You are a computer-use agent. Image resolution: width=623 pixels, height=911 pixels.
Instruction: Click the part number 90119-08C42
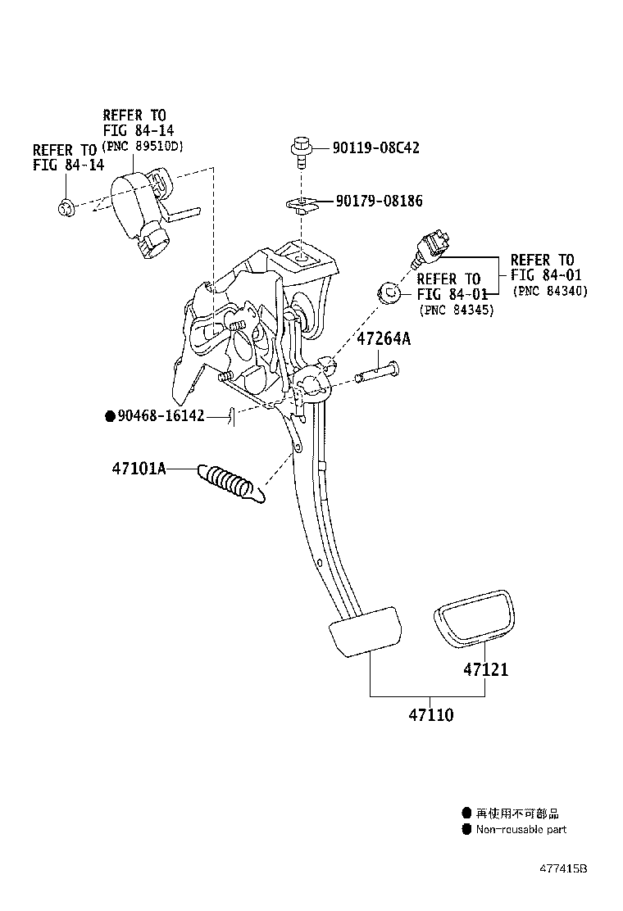tap(375, 148)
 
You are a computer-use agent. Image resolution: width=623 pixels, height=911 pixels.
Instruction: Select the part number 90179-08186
tap(379, 201)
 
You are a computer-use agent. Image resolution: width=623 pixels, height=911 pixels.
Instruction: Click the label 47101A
tap(139, 469)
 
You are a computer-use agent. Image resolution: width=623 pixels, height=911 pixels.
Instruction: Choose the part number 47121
tap(485, 669)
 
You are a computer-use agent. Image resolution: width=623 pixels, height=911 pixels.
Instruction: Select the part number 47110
tap(430, 714)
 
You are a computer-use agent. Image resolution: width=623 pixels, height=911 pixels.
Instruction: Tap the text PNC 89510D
tap(143, 147)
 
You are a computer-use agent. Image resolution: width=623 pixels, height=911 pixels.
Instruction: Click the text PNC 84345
tap(456, 310)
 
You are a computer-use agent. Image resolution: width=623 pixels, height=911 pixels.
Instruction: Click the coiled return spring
tap(232, 484)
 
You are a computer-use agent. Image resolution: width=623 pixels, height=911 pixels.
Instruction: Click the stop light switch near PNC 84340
tap(431, 245)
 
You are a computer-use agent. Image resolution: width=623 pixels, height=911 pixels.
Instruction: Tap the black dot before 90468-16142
tap(109, 416)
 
